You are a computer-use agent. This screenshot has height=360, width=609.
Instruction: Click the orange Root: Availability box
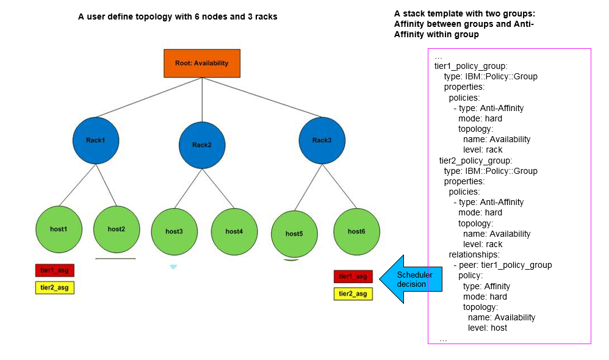[202, 63]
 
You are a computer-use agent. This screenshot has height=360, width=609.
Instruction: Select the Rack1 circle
[96, 140]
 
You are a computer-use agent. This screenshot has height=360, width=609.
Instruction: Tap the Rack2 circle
[202, 145]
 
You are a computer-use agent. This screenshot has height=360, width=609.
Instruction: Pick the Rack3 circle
[322, 140]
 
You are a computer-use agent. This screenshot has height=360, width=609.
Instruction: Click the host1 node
[59, 229]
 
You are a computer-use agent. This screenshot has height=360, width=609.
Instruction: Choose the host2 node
[116, 229]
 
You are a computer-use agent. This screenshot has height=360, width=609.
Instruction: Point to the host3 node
[174, 232]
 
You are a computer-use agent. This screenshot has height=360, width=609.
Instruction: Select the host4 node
[234, 232]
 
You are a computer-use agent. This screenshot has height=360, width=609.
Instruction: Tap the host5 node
[294, 234]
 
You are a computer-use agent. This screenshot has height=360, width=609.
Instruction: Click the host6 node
[356, 232]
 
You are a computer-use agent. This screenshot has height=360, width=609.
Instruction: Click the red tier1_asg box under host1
[54, 270]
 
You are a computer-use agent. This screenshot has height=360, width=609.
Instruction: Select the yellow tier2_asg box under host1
[54, 287]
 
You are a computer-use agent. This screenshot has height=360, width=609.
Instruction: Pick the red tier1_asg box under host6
[353, 276]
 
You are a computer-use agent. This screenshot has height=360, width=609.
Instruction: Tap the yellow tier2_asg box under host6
[353, 294]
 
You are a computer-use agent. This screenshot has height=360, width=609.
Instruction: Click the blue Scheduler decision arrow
[406, 279]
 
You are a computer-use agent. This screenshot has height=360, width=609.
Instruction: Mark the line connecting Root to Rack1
[149, 97]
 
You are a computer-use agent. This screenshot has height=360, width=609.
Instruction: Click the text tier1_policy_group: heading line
[471, 66]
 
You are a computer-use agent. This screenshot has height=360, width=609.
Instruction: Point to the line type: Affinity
[486, 286]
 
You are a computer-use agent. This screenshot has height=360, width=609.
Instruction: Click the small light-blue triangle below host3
[173, 267]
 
